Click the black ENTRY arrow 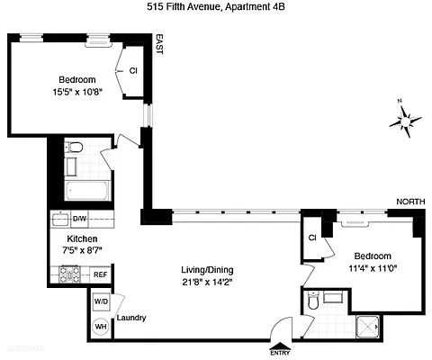point(280,344)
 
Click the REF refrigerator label point(101,274)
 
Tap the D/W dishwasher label point(79,219)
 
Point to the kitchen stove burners point(69,274)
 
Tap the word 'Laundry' point(131,317)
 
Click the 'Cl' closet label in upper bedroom point(133,70)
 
